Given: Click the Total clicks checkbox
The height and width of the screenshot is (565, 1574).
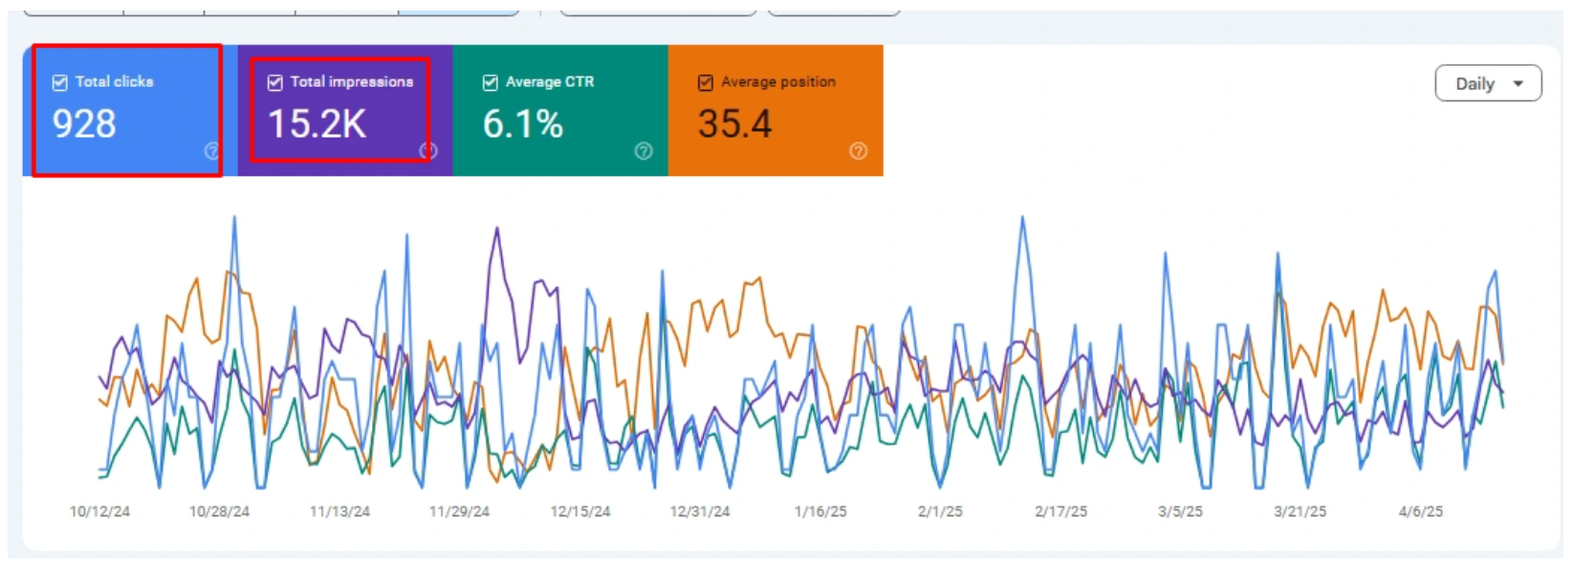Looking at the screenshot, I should [x=60, y=82].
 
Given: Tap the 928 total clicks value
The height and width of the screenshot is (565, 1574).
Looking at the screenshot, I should [x=84, y=124].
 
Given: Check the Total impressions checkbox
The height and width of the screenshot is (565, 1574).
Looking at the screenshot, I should [x=275, y=82].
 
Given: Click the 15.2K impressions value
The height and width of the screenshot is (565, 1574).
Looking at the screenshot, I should [x=317, y=124].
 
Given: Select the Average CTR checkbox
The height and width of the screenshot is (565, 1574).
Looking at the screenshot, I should [x=491, y=82].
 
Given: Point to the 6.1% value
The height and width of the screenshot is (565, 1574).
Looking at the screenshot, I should [x=522, y=124].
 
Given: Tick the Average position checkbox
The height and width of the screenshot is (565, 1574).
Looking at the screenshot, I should [x=706, y=82].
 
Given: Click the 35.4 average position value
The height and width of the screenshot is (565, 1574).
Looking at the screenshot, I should [x=734, y=124].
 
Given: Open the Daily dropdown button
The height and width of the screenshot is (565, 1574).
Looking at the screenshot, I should [x=1488, y=83].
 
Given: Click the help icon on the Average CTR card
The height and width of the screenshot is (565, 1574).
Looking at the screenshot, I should [x=644, y=151].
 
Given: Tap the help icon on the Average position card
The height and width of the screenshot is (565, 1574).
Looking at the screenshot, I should [x=859, y=151].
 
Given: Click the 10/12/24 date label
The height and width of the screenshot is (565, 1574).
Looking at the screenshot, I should [x=99, y=511].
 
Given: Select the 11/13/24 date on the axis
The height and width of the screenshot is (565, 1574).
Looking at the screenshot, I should [x=339, y=511].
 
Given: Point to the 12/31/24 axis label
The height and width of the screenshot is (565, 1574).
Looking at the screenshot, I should [x=700, y=511].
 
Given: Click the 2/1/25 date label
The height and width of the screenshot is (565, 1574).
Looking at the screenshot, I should [x=940, y=511].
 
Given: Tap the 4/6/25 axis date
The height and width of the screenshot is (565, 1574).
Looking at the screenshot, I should [x=1421, y=511].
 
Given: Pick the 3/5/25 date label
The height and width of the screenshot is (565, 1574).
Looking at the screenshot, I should [x=1180, y=511].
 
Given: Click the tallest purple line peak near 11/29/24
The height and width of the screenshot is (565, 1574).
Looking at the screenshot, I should [x=496, y=228].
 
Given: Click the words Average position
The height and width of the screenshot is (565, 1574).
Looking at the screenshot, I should [x=777, y=82].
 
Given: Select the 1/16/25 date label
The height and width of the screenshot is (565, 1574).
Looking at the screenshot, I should [x=820, y=511].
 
